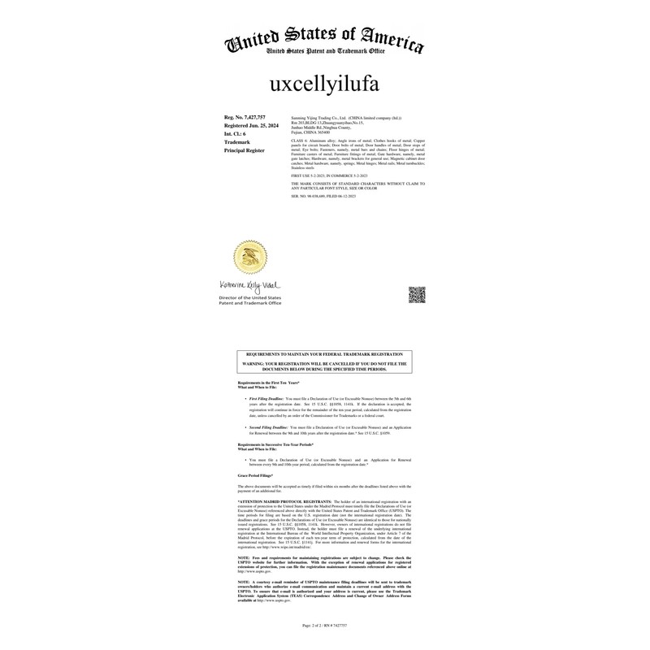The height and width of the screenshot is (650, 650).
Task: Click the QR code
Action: [x=417, y=294]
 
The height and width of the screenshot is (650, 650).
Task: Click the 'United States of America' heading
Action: [x=324, y=37]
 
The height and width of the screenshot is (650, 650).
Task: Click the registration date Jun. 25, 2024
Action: [x=251, y=126]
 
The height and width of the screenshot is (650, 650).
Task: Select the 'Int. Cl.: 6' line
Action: [x=235, y=134]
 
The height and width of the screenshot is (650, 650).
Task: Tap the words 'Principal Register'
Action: [x=245, y=150]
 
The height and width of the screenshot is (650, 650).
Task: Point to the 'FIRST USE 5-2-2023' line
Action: [x=329, y=175]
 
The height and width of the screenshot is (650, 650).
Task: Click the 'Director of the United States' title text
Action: [x=249, y=298]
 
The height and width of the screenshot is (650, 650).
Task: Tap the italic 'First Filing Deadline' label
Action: [x=266, y=399]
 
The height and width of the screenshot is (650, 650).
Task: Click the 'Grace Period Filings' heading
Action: [x=256, y=474]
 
